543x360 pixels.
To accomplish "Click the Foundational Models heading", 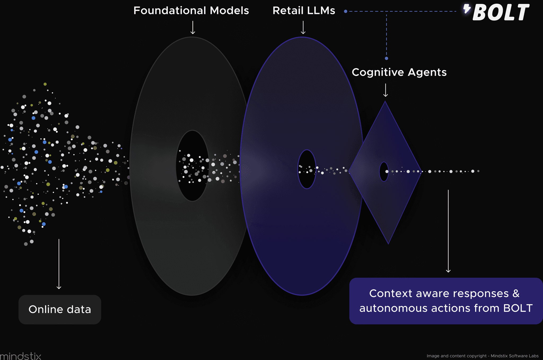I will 191,11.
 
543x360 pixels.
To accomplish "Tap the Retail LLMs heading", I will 304,11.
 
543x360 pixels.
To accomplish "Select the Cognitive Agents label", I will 399,72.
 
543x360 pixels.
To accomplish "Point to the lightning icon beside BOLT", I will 467,9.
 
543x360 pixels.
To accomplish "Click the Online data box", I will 60,309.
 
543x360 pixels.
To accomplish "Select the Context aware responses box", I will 446,301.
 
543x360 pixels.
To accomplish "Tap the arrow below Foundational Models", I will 193,28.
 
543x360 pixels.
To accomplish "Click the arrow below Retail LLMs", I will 303,28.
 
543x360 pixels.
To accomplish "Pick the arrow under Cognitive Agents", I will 386,90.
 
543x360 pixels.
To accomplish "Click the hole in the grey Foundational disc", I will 192,166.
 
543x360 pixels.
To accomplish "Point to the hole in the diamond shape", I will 384,172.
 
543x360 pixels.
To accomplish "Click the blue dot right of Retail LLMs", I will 345,11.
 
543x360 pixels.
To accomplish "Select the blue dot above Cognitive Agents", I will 386,58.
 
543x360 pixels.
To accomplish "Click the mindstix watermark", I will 21,356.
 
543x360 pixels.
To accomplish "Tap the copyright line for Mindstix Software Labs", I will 482,356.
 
